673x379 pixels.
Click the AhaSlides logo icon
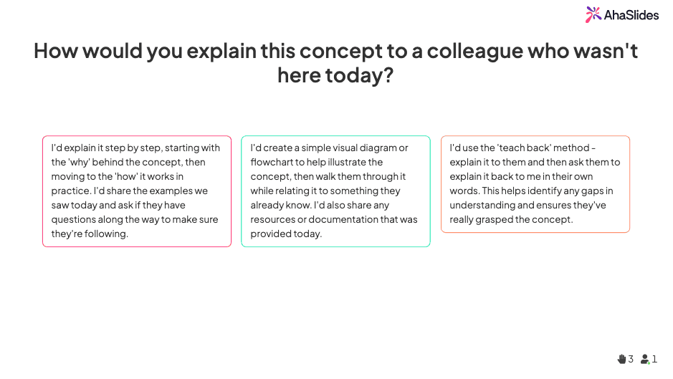(x=593, y=14)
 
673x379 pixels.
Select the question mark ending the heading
(x=388, y=75)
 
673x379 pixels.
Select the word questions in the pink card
(x=73, y=219)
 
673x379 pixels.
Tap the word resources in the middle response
(x=272, y=219)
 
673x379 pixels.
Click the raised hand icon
(x=621, y=359)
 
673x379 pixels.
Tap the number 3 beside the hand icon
(x=631, y=359)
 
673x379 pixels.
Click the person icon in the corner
(x=645, y=359)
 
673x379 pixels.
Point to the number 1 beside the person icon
(x=654, y=359)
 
